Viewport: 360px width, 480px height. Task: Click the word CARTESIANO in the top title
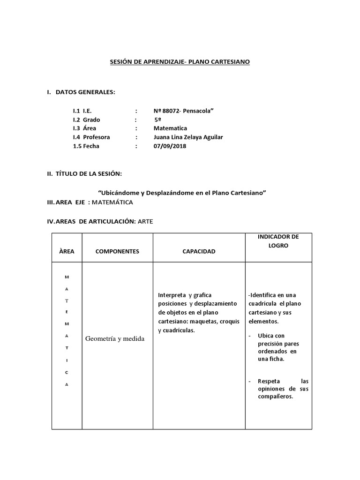coord(232,61)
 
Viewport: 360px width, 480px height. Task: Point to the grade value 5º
coord(158,120)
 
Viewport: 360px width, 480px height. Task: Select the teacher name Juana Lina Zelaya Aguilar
coord(188,137)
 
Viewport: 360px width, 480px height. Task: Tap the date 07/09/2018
coord(170,146)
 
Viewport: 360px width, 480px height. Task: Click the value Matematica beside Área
coord(170,128)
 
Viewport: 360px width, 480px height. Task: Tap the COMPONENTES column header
coord(117,251)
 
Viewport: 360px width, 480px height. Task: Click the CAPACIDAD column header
coord(199,251)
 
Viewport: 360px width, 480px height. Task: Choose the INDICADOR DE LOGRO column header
coord(278,241)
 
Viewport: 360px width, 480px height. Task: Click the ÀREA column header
coord(67,251)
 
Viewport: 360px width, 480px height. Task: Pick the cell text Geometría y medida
coord(114,339)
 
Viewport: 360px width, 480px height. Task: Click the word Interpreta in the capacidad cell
coord(172,295)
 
